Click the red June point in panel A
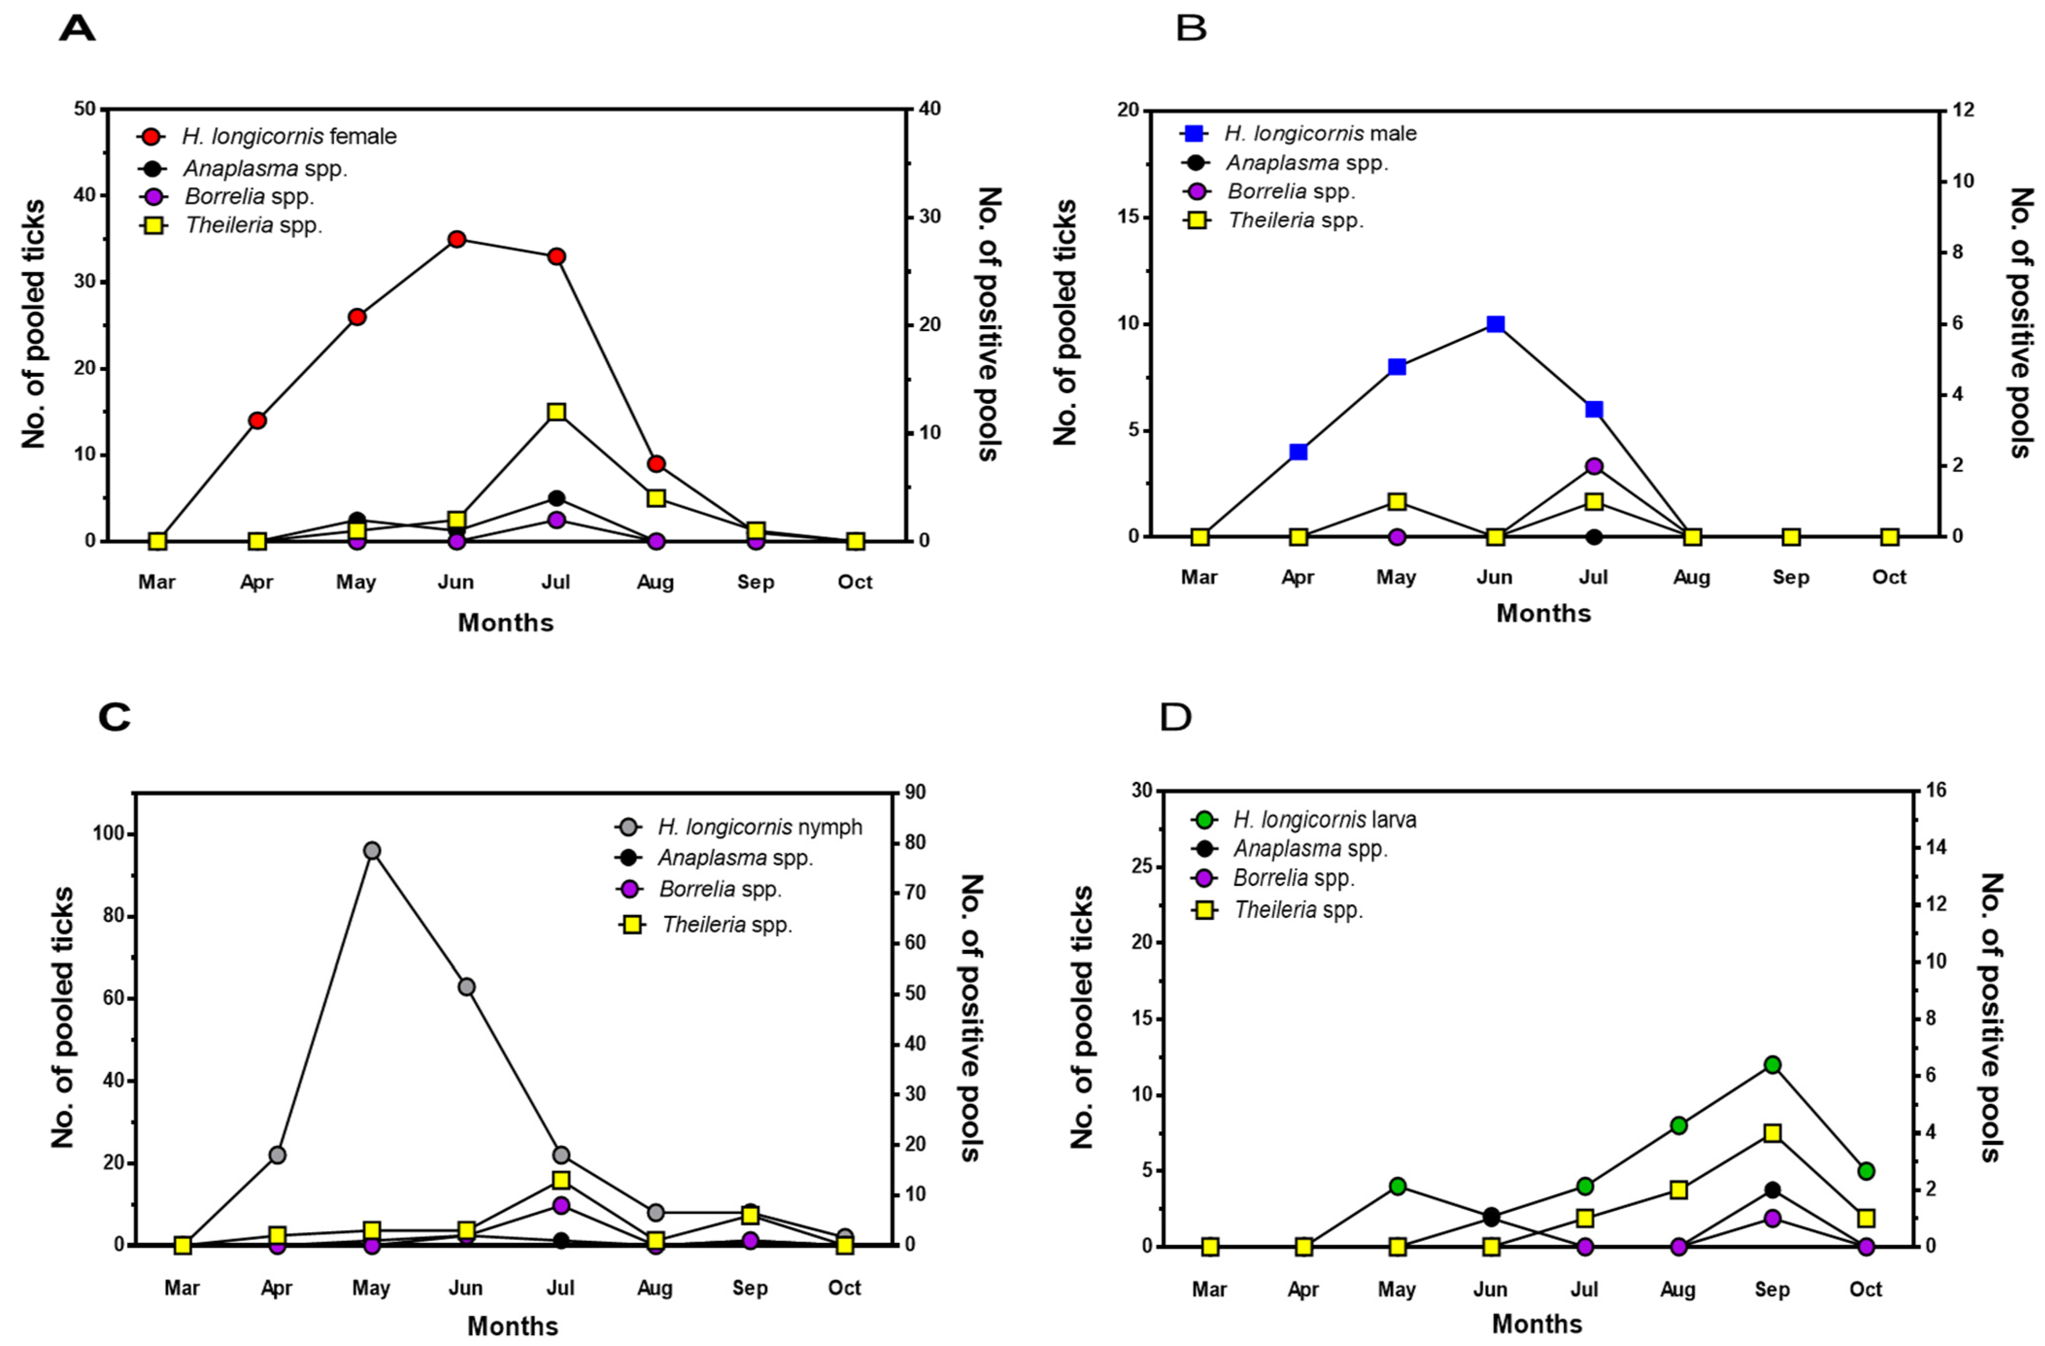[456, 239]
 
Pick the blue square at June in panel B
[1495, 324]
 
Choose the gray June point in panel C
[466, 987]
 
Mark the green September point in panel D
[1772, 1065]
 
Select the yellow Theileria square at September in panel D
[1772, 1133]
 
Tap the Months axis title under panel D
[1537, 1324]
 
